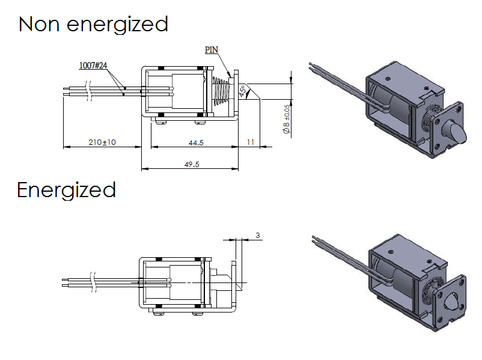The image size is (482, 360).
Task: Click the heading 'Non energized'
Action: click(93, 25)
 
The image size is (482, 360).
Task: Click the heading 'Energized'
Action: click(66, 190)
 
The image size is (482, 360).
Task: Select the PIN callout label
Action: click(212, 50)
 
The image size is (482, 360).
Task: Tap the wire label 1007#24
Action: click(93, 65)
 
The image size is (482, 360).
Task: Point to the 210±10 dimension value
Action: click(102, 142)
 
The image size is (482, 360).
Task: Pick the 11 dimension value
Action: click(251, 142)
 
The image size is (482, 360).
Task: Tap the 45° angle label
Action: click(243, 91)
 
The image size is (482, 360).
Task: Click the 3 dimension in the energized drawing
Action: click(257, 236)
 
